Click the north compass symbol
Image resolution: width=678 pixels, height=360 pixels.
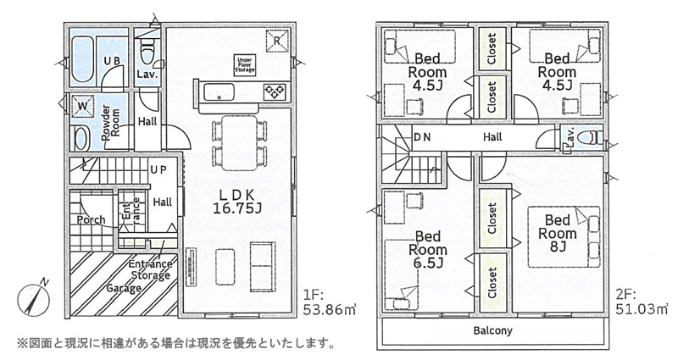34,299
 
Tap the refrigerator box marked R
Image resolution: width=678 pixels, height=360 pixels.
278,41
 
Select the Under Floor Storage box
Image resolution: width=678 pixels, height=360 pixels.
245,65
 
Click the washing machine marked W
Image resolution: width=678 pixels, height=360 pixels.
82,105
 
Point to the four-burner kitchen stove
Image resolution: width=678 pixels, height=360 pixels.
275,91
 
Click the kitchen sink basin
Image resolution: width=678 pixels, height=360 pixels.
220,92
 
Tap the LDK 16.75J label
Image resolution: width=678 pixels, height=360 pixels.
237,202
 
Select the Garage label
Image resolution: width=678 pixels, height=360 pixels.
124,288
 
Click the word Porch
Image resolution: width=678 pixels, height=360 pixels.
91,220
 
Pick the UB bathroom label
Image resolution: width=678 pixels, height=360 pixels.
112,61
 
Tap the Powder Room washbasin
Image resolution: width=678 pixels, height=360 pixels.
81,139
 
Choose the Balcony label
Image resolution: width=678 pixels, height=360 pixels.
492,331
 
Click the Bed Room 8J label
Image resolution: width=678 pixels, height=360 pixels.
558,234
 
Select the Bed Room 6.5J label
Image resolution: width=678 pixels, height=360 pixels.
428,249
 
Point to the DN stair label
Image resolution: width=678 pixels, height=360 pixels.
422,137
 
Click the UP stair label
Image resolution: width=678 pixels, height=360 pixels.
158,170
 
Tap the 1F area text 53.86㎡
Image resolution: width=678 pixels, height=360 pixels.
330,309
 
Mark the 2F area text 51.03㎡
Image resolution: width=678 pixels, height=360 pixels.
642,309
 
